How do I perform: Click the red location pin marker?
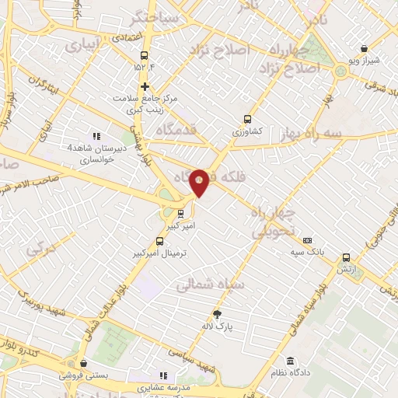pyautogui.click(x=200, y=182)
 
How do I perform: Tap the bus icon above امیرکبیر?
pyautogui.click(x=180, y=212)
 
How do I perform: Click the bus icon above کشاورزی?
pyautogui.click(x=247, y=120)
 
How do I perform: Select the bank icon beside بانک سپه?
pyautogui.click(x=307, y=241)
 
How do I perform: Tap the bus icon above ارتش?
pyautogui.click(x=346, y=257)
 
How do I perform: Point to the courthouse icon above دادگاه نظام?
pyautogui.click(x=290, y=361)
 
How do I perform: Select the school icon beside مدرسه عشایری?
pyautogui.click(x=163, y=375)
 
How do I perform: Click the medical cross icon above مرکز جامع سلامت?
pyautogui.click(x=145, y=85)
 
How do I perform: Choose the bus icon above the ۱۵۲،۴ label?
pyautogui.click(x=144, y=55)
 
